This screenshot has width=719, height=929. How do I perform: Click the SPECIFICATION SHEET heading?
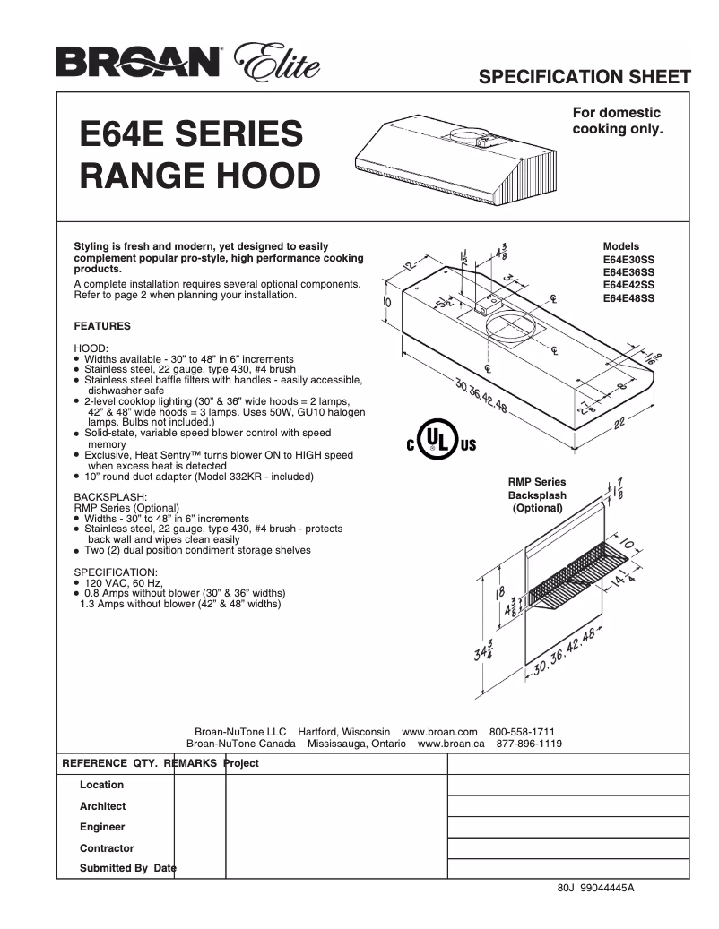[x=585, y=75]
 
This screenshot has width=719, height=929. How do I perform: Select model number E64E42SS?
[x=628, y=286]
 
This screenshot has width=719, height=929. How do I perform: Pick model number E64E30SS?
[x=628, y=259]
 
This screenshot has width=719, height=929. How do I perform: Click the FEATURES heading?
[x=101, y=326]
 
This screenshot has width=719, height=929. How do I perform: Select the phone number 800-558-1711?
[x=522, y=731]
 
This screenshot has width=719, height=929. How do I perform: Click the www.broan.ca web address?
[x=451, y=744]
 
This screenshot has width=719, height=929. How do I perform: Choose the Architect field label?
[x=102, y=806]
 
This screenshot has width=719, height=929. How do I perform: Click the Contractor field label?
[x=106, y=847]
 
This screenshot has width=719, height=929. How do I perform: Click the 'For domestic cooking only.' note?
[x=617, y=121]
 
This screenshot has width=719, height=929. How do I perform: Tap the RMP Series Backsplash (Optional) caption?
[x=537, y=495]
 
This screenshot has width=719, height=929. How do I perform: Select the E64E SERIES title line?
[x=192, y=134]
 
